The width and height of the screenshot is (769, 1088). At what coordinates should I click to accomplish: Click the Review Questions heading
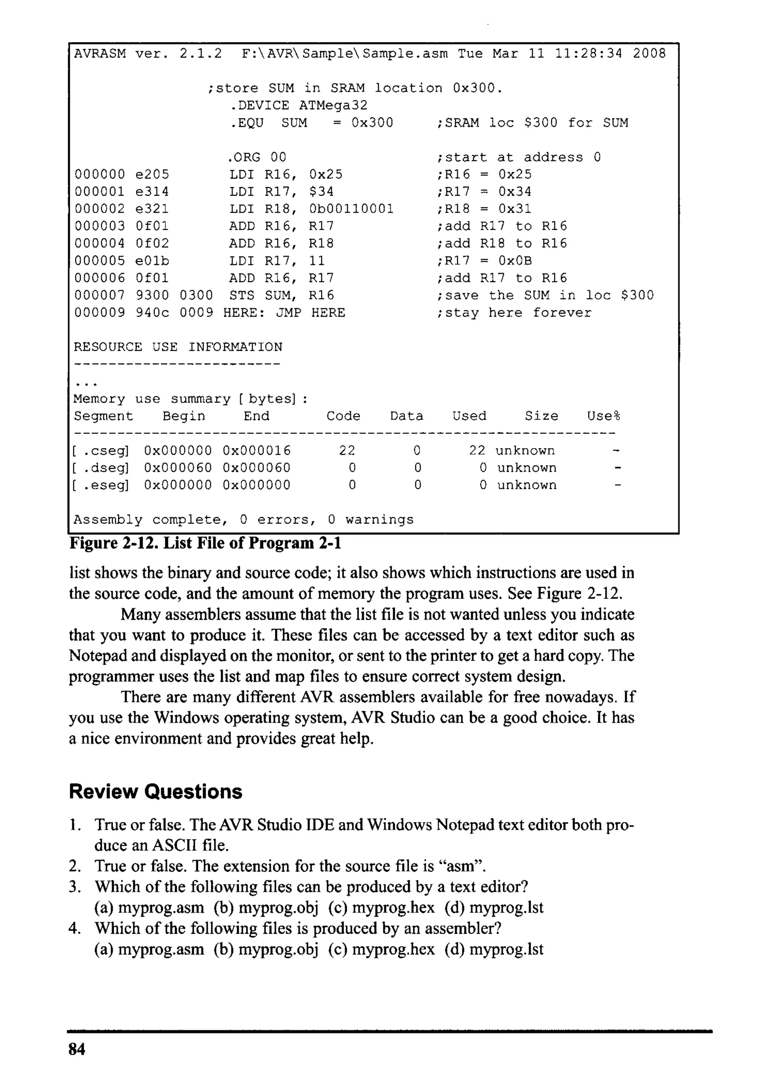point(155,792)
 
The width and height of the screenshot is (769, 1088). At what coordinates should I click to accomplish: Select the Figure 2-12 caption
point(205,543)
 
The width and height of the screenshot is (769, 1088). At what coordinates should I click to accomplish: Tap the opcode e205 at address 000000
point(152,174)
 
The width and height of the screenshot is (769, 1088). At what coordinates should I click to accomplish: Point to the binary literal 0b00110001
point(351,209)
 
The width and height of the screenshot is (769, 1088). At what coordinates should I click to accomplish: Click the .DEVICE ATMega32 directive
point(299,105)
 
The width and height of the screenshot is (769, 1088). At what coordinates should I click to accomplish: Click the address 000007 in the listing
point(100,295)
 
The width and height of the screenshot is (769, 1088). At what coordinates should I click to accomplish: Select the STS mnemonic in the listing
point(242,295)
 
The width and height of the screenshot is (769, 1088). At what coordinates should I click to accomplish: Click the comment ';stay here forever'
point(514,313)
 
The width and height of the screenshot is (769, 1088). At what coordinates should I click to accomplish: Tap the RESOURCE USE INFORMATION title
point(178,347)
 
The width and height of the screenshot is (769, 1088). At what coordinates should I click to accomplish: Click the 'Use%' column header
point(603,416)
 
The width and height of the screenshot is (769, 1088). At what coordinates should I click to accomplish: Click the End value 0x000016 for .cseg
point(256,451)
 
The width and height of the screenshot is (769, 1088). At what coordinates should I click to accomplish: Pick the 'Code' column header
point(343,416)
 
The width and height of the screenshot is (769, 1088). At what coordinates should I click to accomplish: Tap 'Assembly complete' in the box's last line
point(147,520)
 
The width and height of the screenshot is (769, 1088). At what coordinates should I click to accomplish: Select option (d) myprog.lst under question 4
point(494,949)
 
